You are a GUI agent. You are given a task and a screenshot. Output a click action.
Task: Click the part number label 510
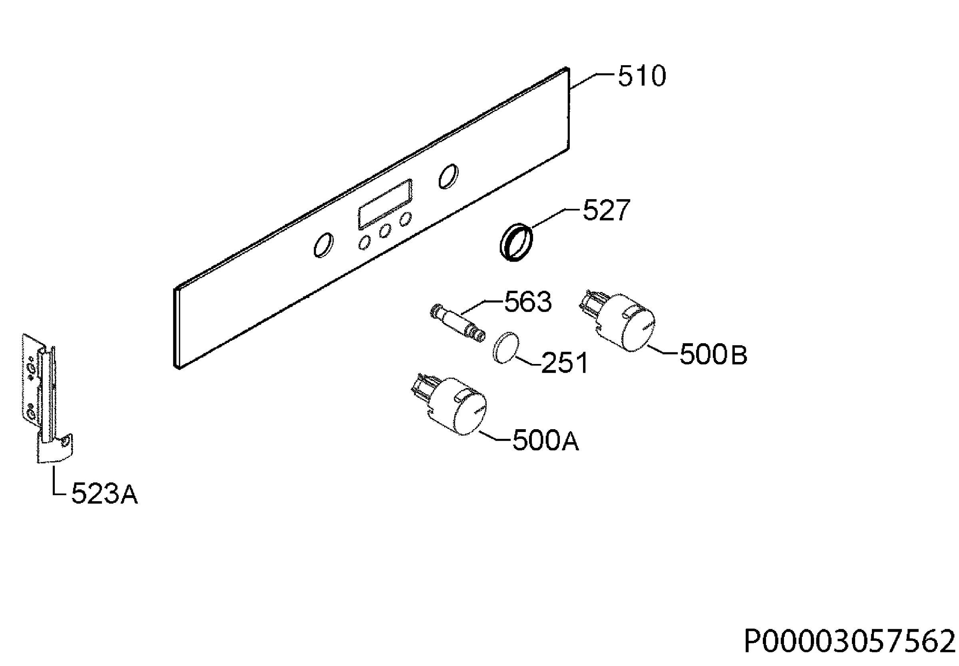tap(641, 76)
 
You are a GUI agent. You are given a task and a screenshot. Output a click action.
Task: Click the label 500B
tap(713, 355)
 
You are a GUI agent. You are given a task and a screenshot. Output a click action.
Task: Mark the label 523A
tap(104, 494)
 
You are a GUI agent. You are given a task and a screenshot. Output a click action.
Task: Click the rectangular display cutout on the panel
tap(385, 204)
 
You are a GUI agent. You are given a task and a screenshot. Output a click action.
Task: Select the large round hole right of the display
tap(448, 176)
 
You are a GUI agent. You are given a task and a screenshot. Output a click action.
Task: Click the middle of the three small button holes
tap(385, 231)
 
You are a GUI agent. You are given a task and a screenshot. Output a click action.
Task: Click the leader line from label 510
tap(592, 80)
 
